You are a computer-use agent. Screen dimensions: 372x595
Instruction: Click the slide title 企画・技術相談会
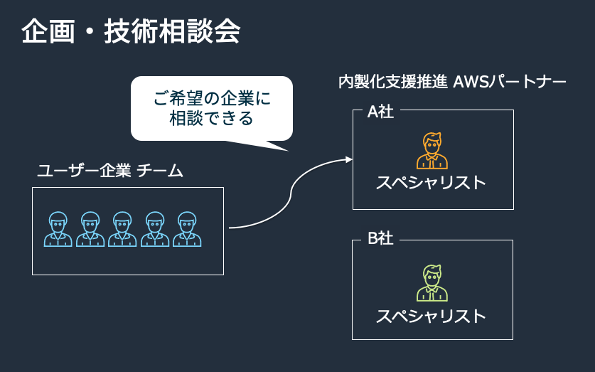(130, 31)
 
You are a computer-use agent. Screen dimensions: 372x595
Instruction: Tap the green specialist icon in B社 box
(432, 282)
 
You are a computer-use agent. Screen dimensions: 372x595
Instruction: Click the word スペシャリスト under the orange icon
(431, 183)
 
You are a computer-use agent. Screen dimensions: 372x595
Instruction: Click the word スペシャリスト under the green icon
(431, 315)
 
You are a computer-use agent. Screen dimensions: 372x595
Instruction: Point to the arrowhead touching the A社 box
(349, 159)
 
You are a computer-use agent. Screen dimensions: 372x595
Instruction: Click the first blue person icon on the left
(58, 229)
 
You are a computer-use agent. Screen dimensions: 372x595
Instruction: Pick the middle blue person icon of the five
(122, 229)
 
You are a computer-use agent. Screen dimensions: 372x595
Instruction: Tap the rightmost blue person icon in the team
(187, 229)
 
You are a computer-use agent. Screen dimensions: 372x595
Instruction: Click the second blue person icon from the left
(90, 229)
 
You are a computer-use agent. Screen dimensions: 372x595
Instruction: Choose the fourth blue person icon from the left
(155, 229)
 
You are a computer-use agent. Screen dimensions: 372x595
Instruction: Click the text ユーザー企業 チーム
(110, 171)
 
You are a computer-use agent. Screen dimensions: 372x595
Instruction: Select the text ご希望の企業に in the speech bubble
(212, 99)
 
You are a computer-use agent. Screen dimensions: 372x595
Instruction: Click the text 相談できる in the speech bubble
(212, 118)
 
